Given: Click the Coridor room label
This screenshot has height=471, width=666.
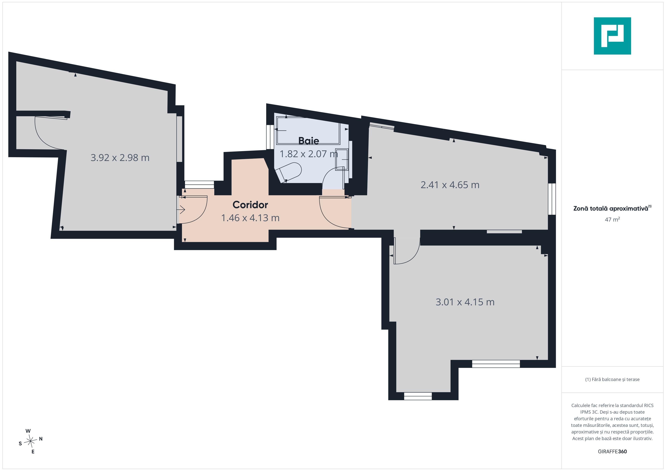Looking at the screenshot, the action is (250, 205).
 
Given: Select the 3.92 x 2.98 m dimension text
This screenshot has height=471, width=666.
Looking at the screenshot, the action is (120, 158).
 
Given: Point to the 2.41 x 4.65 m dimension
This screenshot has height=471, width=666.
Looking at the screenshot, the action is (450, 185).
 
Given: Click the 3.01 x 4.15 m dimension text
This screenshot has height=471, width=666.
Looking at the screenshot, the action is (465, 302).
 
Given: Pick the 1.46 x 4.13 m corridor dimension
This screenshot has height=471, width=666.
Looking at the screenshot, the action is (250, 218).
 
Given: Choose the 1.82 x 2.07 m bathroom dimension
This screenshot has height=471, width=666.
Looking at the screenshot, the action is (309, 154).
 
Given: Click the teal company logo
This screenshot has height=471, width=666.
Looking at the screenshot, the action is (612, 36).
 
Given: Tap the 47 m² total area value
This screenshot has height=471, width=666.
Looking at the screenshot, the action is (612, 219).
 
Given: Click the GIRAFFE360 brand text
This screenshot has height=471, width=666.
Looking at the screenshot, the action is (612, 451).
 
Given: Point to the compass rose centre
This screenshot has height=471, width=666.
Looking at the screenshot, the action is (30, 441).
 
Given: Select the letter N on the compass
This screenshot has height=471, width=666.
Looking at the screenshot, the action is (41, 439).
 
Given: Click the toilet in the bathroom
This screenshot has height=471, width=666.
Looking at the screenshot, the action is (289, 172).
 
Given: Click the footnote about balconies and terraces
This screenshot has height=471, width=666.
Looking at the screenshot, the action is (612, 379).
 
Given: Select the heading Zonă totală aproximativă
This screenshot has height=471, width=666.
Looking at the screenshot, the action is (611, 209).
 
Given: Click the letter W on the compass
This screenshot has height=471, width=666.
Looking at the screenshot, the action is (28, 431).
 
